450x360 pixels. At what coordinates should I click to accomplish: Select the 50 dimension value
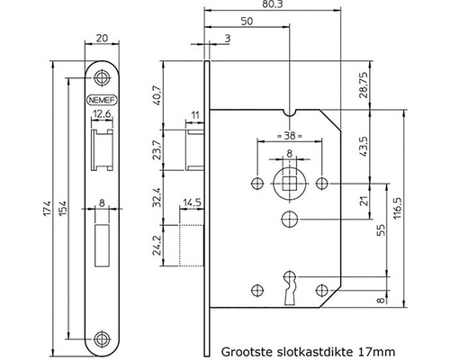pos(246,20)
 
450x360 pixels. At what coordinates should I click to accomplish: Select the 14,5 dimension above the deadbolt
pos(191,202)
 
